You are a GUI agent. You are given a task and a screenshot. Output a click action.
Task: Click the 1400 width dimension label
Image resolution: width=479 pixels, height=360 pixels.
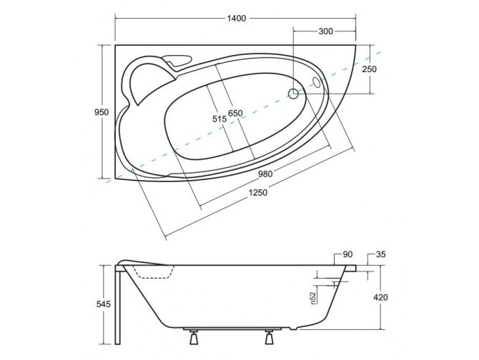click(236, 19)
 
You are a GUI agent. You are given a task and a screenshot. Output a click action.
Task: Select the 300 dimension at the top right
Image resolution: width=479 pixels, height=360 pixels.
click(325, 31)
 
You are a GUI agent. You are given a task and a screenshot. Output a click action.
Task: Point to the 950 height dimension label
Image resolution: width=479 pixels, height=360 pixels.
click(102, 112)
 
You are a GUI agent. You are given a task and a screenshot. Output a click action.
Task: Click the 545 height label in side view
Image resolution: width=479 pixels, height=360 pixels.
click(103, 304)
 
